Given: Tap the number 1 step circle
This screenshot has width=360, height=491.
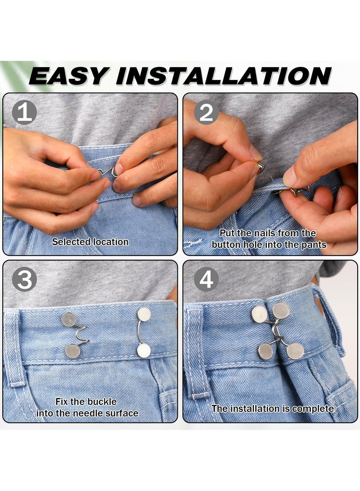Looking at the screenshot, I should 24,113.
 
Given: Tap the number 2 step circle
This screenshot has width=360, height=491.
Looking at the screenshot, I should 206,113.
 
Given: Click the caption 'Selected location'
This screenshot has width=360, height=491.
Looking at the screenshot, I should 90,242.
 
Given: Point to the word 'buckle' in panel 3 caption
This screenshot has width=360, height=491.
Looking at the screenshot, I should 102,401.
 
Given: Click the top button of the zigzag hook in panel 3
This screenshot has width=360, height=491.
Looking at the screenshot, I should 69,320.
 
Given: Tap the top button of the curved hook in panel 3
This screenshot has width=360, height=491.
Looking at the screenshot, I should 144,314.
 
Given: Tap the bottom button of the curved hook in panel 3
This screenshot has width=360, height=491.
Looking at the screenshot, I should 144,350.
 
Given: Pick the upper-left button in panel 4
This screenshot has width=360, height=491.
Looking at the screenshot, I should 259,314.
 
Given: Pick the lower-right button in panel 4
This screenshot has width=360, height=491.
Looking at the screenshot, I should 295,351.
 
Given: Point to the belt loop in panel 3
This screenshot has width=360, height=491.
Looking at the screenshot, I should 12,347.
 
